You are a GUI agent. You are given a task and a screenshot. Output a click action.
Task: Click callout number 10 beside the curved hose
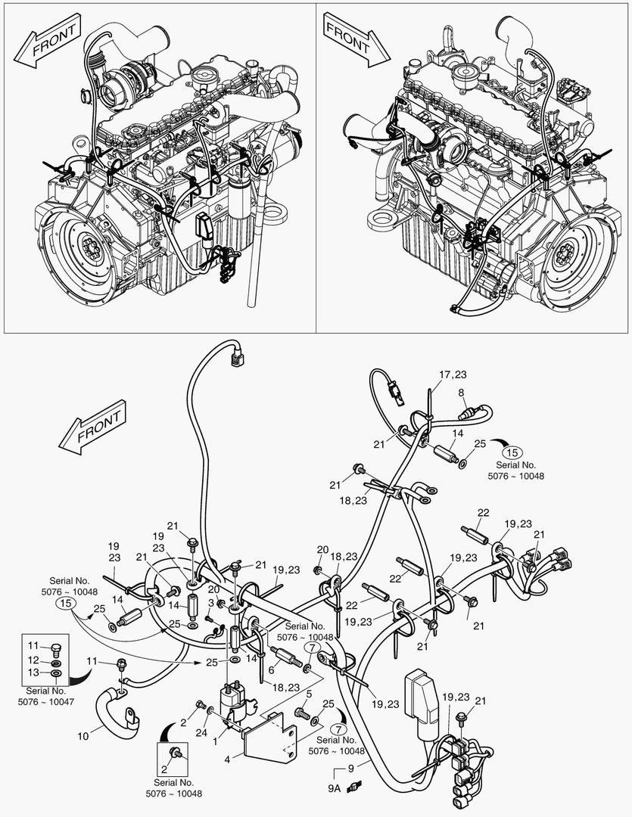(83, 735)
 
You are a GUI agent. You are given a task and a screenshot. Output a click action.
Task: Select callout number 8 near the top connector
(460, 392)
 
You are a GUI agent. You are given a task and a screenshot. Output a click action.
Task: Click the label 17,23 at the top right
(453, 374)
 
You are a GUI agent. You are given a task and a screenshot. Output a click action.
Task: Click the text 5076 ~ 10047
(46, 701)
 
